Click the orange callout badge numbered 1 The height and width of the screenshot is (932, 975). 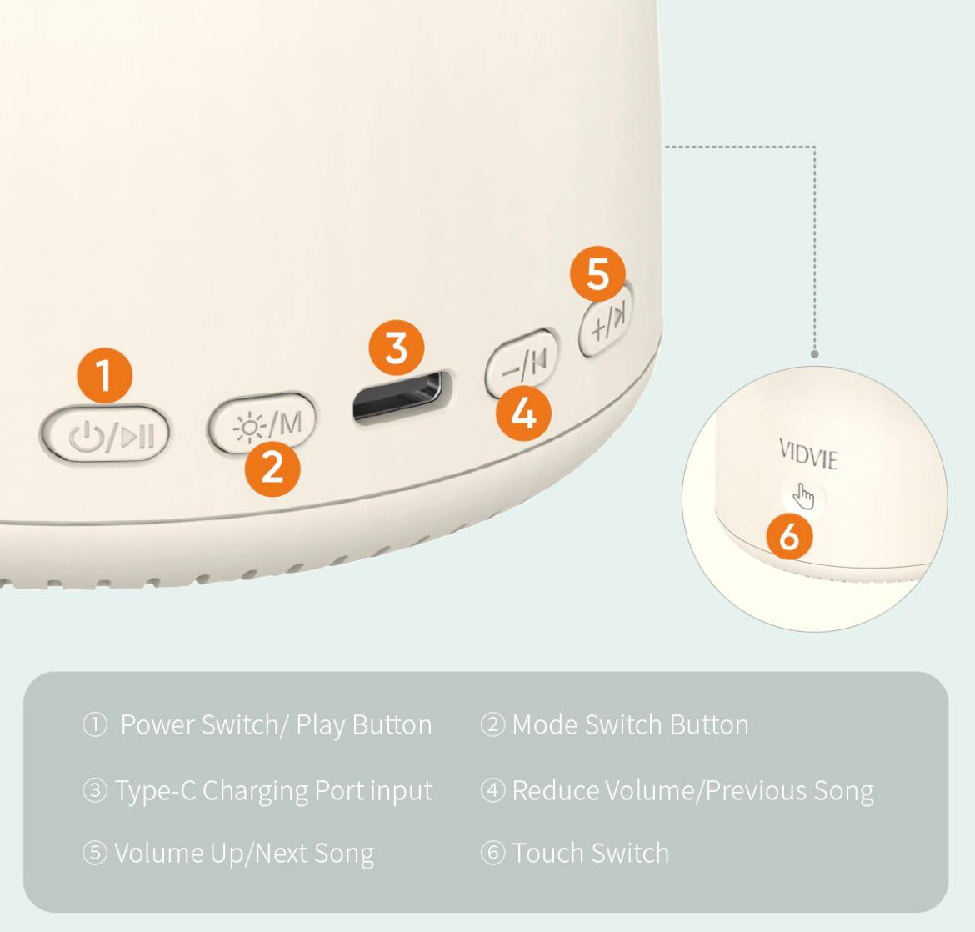tap(104, 376)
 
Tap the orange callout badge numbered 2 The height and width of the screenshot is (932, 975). tap(272, 468)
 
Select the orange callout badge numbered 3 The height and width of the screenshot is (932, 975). tap(397, 348)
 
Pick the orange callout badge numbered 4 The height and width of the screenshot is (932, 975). tap(523, 413)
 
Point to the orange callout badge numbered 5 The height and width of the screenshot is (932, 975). tap(598, 273)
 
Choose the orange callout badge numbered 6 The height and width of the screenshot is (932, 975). tap(789, 535)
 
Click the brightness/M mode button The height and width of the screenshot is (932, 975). tap(262, 423)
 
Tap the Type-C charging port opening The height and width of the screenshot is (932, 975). tap(398, 396)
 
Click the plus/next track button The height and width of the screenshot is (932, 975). tap(606, 321)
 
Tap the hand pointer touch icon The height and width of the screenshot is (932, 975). tap(803, 496)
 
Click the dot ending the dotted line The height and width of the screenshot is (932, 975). tap(814, 354)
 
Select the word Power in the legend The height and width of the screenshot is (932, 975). tap(157, 724)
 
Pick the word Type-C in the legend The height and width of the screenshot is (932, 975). tap(156, 791)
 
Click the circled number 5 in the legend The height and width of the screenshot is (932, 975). tap(94, 853)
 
